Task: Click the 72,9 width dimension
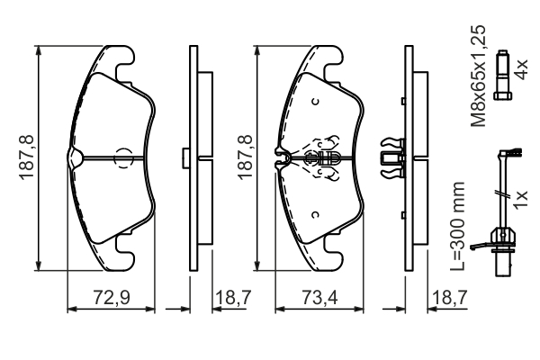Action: coord(112,298)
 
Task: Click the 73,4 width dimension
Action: coord(319,298)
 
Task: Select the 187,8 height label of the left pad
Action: coord(27,157)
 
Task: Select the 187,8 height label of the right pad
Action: coord(245,157)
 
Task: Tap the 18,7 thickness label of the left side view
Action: coord(233,298)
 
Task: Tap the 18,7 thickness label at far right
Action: coord(449,298)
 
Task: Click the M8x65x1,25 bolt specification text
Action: coord(479,76)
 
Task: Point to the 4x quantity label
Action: coord(520,69)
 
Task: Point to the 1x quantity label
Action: coord(520,198)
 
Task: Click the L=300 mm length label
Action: coord(458,226)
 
